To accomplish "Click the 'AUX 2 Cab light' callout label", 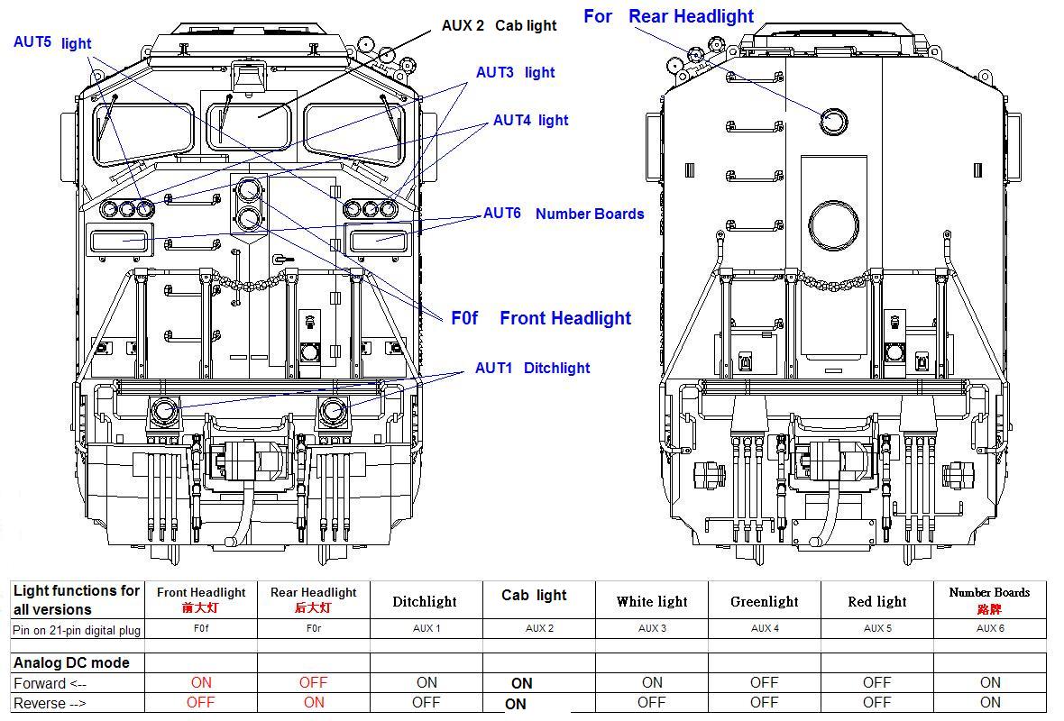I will [499, 25].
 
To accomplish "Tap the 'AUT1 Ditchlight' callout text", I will [532, 368].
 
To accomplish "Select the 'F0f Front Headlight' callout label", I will [541, 318].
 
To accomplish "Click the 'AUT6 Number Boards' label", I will [564, 214].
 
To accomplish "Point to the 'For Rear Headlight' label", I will [668, 16].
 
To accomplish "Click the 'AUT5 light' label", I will [51, 42].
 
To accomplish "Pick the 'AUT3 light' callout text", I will [515, 72].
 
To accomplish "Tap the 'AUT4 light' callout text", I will [530, 120].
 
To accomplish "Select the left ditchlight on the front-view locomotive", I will [164, 411].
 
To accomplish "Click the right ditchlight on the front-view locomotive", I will [333, 411].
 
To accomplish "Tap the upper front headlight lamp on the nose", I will [247, 190].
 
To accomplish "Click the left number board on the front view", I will [120, 240].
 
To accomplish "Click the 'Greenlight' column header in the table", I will [764, 601].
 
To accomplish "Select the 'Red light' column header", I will [876, 601].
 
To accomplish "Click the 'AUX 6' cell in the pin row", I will [989, 628].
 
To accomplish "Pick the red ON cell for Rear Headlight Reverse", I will [313, 702].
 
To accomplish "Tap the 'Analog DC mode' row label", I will [71, 662].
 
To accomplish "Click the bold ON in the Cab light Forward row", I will [521, 683].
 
